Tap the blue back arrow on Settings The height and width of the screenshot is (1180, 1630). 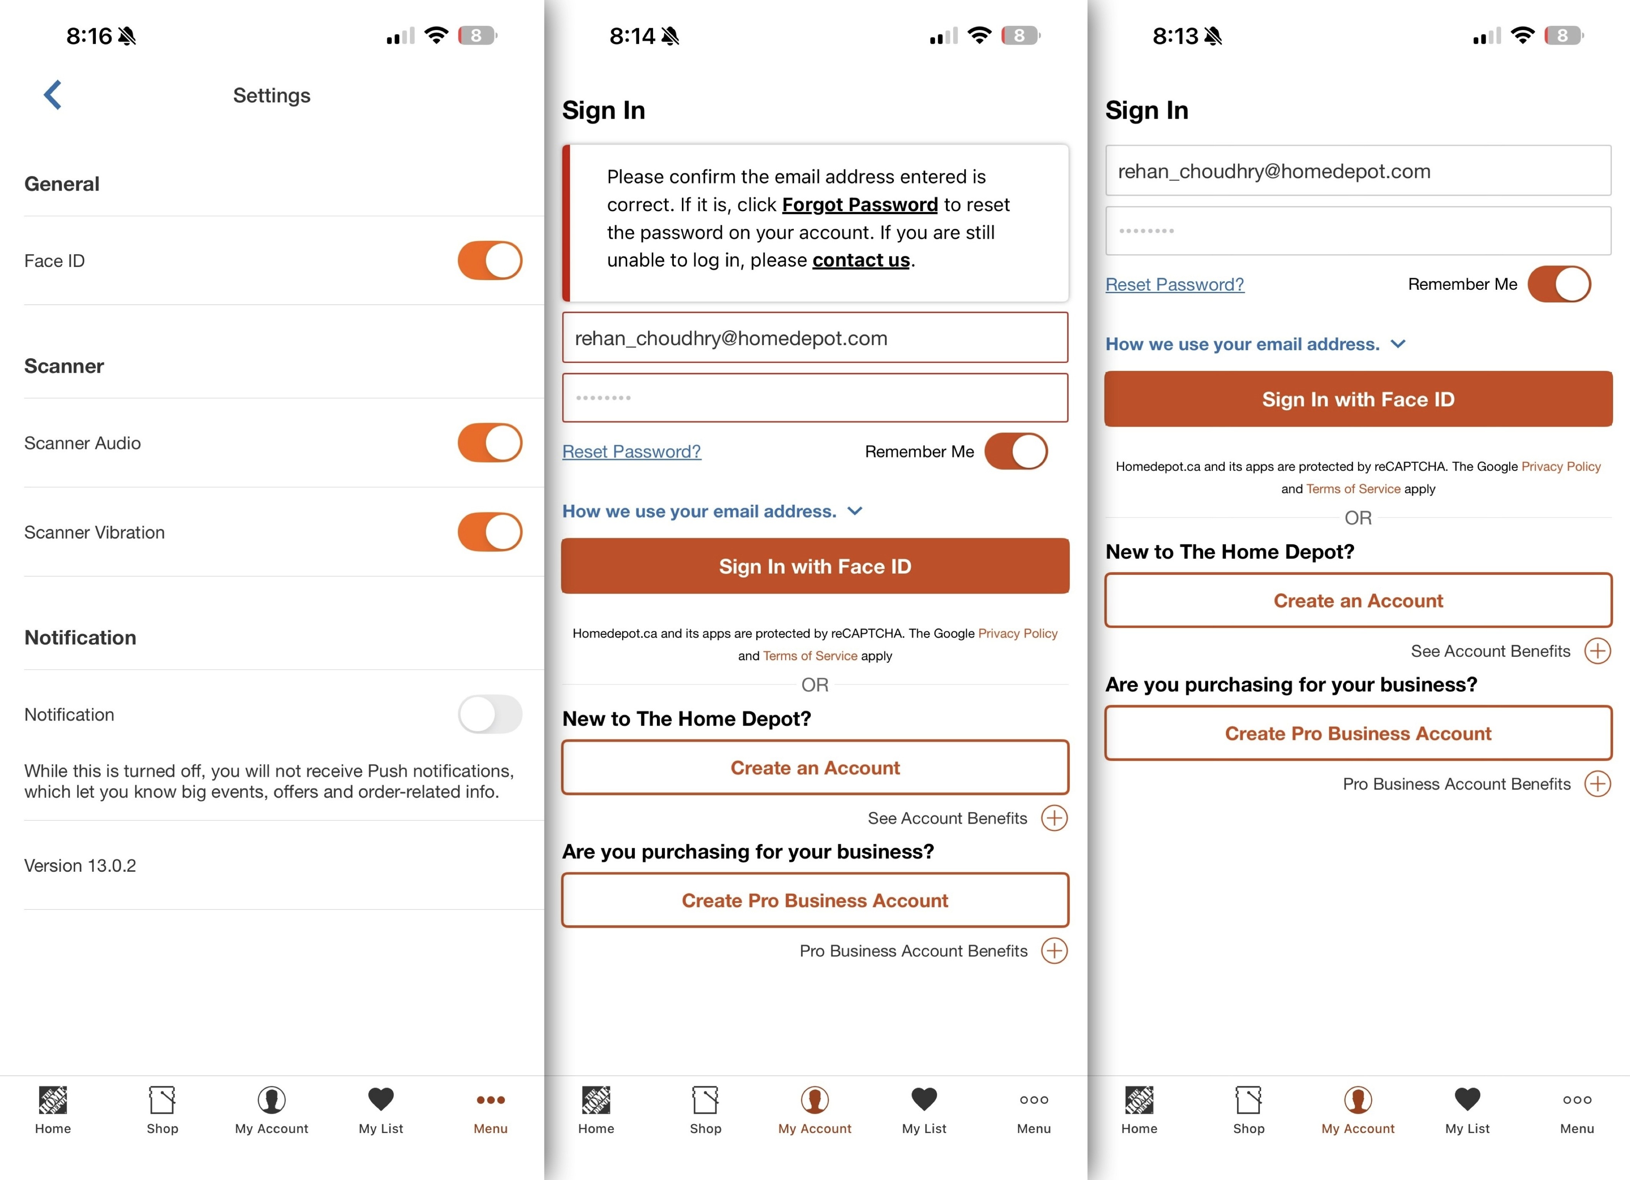tap(52, 95)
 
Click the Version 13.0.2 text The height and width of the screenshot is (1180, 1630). tap(80, 865)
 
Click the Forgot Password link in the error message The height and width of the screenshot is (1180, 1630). tap(860, 205)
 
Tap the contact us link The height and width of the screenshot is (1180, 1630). tap(861, 260)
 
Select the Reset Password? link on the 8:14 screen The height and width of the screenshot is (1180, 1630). tap(631, 451)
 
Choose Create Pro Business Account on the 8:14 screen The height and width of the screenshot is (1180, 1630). tap(815, 900)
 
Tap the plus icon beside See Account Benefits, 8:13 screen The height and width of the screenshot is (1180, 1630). tap(1598, 651)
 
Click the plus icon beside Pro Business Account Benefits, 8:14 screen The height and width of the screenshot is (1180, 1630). tap(1054, 951)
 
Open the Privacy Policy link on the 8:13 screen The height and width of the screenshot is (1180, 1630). tap(1561, 466)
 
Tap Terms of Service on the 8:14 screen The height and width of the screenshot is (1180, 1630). tap(810, 655)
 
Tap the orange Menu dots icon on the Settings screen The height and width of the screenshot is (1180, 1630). tap(491, 1100)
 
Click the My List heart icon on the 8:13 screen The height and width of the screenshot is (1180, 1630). tap(1468, 1099)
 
